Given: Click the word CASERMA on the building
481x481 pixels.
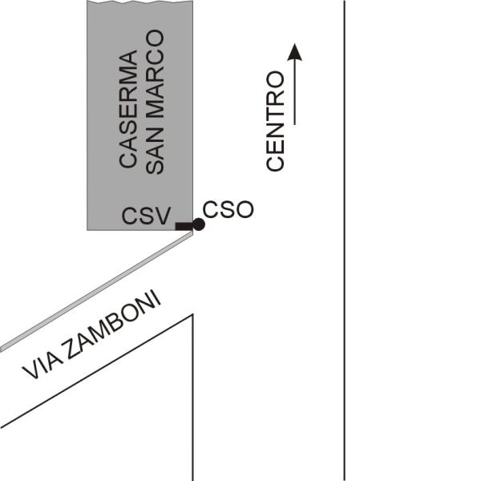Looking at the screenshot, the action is pos(128,109).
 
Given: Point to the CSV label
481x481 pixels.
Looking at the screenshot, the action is pos(146,216).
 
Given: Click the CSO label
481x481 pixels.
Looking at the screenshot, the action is pos(228,210).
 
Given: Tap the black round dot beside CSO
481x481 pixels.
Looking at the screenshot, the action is pos(198,224).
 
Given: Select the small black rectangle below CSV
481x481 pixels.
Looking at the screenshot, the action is pos(184,227).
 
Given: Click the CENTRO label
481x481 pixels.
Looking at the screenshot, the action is pos(276,121).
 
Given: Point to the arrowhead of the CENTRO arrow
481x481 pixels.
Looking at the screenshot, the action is pos(295,51).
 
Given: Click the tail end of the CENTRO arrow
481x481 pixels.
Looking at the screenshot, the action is pos(295,123).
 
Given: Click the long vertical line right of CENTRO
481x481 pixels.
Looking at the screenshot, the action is pos(345,240).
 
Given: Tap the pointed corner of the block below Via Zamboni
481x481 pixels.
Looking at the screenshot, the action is pos(192,315).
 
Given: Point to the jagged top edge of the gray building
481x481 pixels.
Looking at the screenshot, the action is pos(141,3).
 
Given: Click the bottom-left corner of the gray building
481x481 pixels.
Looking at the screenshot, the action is pos(88,229).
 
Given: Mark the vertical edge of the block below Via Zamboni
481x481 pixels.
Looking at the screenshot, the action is pos(193,401).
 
